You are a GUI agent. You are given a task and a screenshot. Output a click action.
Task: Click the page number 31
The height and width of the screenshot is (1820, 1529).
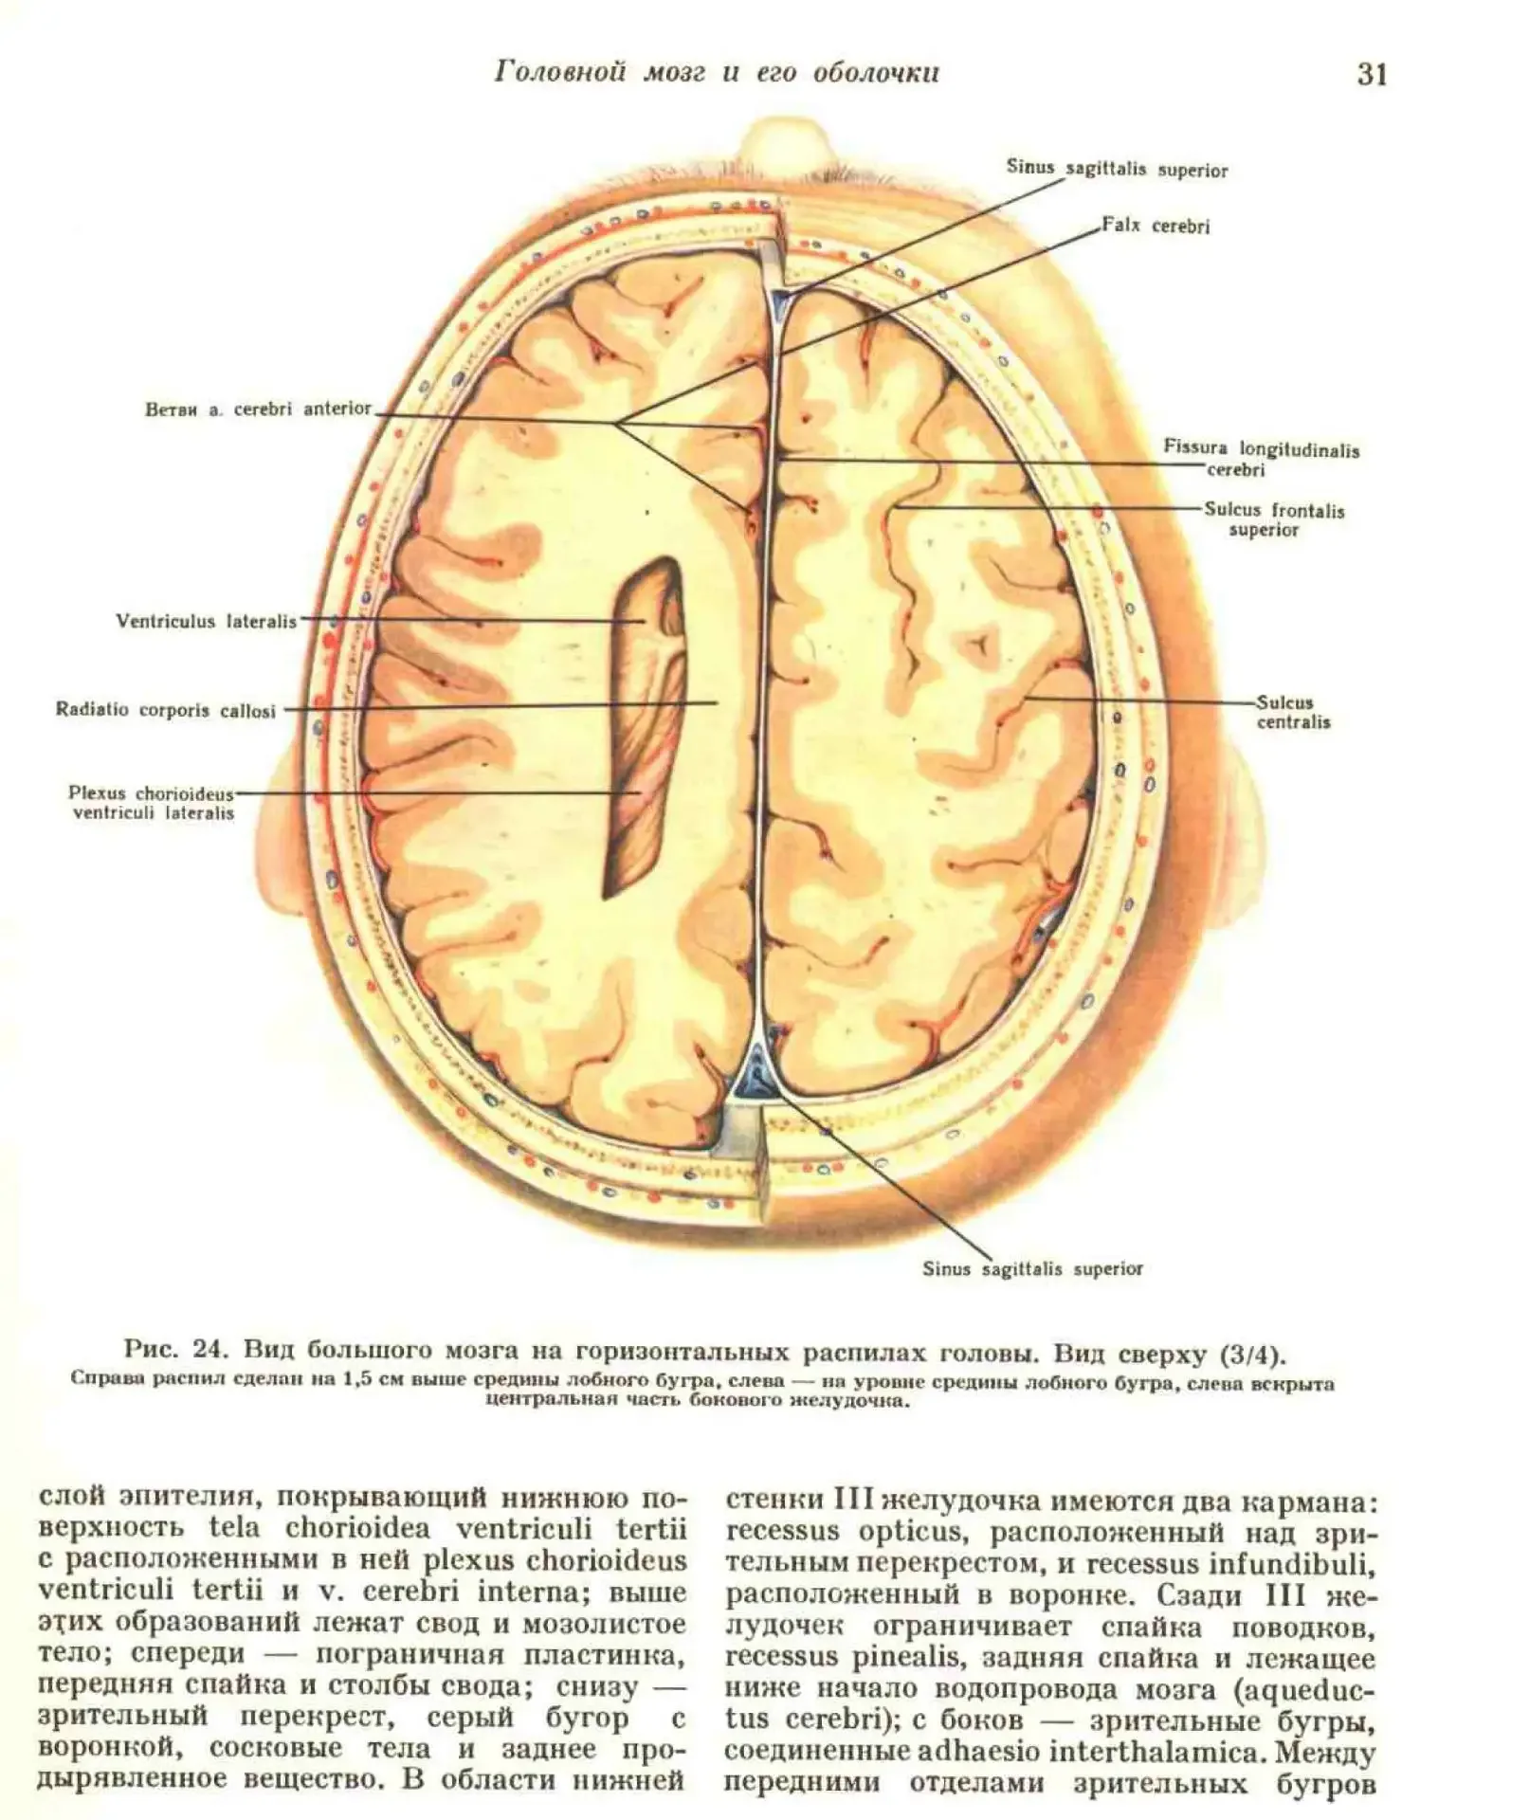point(1372,74)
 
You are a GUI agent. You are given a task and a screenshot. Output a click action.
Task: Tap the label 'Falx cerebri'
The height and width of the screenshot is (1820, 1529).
point(1156,227)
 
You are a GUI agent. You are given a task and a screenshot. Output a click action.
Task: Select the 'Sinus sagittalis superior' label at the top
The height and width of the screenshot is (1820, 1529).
point(1117,170)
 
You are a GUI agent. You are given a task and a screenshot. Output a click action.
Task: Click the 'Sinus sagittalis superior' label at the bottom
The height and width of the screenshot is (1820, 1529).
point(1032,1268)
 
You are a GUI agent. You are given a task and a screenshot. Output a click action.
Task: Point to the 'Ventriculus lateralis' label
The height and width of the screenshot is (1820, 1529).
point(206,622)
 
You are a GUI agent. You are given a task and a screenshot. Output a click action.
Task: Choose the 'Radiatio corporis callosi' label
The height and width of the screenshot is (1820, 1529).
point(166,710)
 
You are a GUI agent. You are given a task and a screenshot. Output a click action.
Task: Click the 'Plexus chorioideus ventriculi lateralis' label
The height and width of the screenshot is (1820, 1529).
point(152,803)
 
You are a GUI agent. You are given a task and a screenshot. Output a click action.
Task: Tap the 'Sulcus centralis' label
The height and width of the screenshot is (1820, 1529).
point(1293,712)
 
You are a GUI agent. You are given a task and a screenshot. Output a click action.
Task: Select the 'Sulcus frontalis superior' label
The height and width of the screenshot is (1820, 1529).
point(1274,519)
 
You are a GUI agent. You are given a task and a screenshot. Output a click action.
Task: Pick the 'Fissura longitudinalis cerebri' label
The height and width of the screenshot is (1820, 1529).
point(1261,459)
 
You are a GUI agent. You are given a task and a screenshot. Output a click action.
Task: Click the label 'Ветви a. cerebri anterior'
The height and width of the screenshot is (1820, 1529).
point(258,409)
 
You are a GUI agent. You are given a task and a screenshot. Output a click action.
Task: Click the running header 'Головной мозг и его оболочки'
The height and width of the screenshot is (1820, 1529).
point(717,73)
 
